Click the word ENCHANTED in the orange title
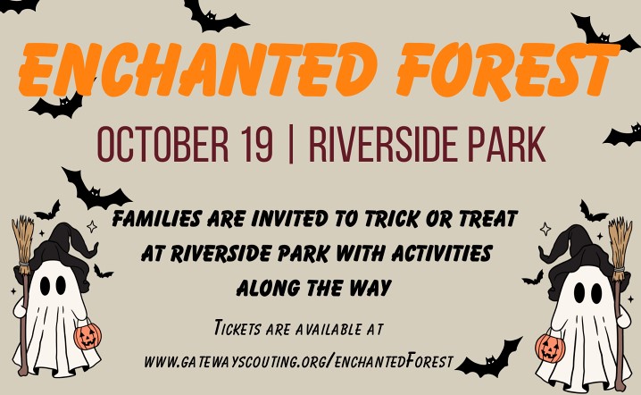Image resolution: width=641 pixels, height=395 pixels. pos(197,68)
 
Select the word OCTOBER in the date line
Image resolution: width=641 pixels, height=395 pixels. pos(162,145)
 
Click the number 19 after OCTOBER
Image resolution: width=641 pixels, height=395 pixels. pos(256,145)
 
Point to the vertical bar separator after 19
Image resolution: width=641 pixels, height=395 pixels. pos(291,145)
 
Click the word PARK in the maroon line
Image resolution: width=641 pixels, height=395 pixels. pos(506,145)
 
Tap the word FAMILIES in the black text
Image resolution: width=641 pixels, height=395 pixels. pos(156,218)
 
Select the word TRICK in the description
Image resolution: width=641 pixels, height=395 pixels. pos(392,218)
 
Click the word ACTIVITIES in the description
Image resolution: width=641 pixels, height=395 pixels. pos(442,254)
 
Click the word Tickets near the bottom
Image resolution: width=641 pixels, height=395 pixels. pos(237,328)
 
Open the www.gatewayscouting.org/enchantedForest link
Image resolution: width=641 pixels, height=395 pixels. pos(299,361)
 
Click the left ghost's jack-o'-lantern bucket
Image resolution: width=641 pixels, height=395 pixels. pos(87,336)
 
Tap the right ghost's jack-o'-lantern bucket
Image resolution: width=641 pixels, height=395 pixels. pos(550,348)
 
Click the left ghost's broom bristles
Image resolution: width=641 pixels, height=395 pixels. pos(23,245)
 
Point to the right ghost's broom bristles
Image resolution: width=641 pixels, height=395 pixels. pos(620,248)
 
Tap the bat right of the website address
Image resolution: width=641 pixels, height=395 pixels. pos(489,361)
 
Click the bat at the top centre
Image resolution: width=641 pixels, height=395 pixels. pos(213,16)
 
